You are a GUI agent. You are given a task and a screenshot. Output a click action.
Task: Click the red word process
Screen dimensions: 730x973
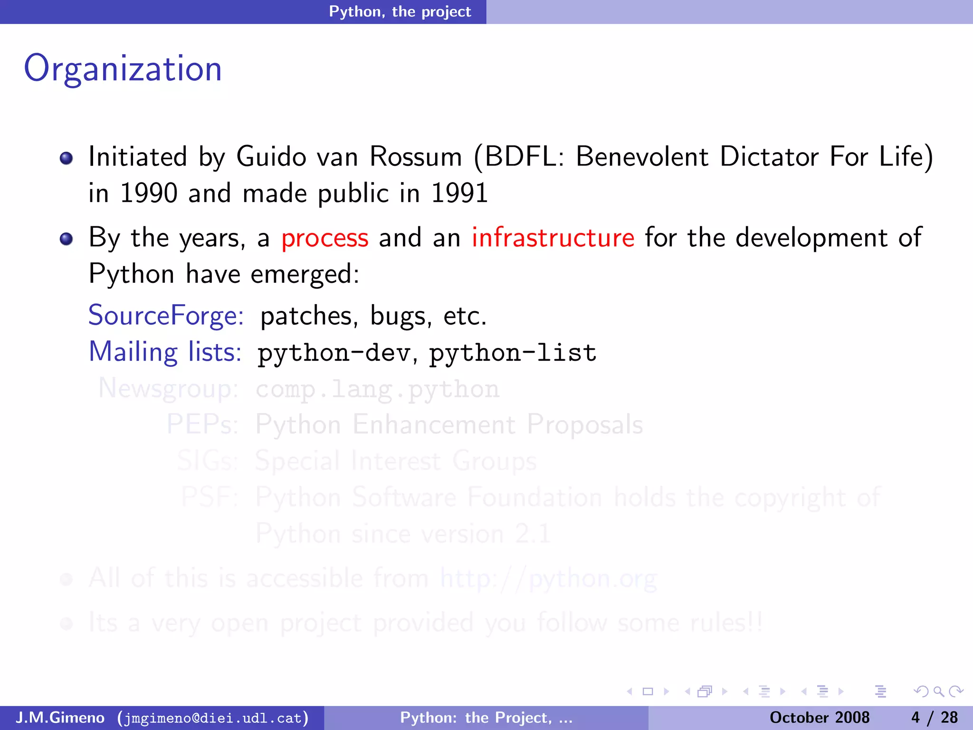coord(324,238)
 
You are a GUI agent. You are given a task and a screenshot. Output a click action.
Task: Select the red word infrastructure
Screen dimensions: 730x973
coord(553,238)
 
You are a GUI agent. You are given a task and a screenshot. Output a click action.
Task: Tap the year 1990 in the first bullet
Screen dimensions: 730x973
coord(149,193)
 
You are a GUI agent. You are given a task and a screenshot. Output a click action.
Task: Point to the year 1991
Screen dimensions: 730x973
coord(459,193)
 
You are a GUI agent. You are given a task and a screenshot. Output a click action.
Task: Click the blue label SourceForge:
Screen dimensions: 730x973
coord(166,316)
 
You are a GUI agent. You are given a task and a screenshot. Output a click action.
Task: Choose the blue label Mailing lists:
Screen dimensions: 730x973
coord(165,352)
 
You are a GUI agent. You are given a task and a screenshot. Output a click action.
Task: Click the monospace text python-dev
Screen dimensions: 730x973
coord(334,353)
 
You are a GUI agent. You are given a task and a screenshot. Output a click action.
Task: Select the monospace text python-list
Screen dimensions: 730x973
coord(513,353)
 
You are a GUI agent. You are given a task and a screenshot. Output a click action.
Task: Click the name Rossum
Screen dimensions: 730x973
coord(415,157)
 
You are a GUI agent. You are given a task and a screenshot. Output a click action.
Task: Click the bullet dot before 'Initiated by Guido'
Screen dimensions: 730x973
coord(66,158)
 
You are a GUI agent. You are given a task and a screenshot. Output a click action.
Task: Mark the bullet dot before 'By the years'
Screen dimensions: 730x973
coord(66,239)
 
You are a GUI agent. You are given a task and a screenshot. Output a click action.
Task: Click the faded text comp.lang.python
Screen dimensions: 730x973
coord(377,389)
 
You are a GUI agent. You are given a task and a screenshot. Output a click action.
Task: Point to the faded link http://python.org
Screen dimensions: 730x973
coord(548,579)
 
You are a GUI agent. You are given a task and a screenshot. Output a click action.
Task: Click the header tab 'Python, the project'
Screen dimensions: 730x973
coord(400,11)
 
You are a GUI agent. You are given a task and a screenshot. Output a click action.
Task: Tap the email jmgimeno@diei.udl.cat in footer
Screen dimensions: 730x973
coord(213,718)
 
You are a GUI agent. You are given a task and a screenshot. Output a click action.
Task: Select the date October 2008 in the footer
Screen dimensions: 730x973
coord(819,718)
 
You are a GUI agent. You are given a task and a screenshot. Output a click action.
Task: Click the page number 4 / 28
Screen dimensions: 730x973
coord(934,718)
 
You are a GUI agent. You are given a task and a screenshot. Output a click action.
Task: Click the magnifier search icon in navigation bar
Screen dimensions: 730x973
coord(938,692)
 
